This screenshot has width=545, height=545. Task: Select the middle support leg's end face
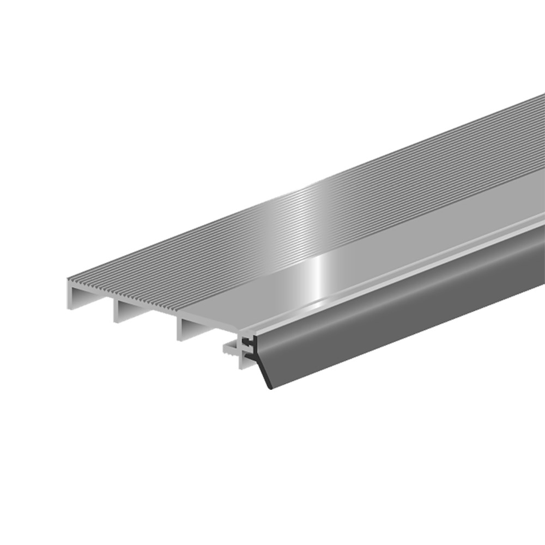click(116, 311)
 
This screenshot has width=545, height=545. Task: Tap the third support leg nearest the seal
click(179, 330)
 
